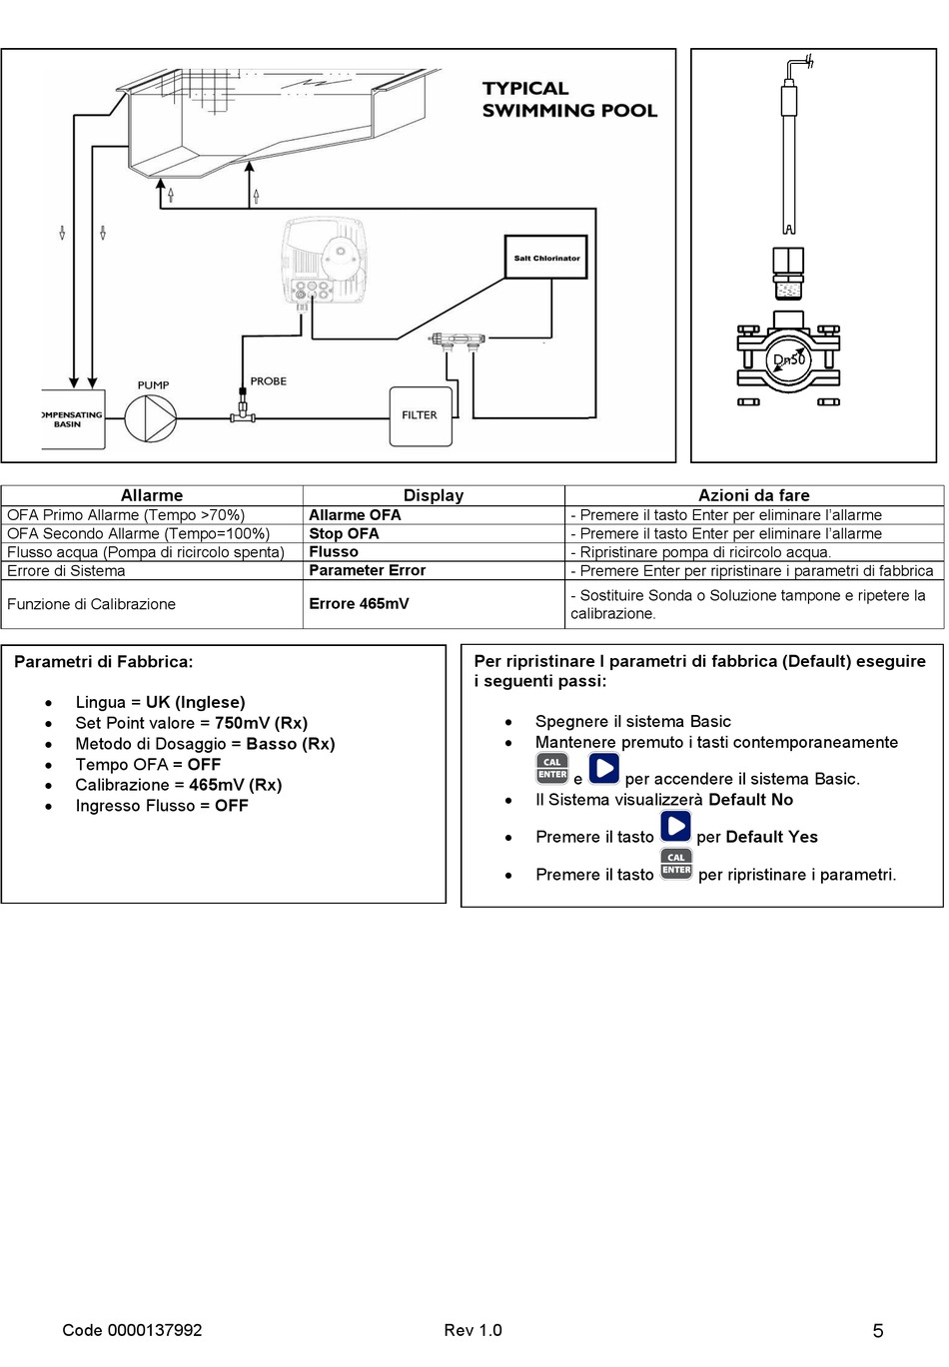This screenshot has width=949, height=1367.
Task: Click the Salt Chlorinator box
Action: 546,259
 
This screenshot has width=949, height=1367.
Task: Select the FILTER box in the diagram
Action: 420,415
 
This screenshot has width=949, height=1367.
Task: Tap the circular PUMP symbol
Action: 150,418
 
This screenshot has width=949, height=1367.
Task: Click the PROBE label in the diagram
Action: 268,381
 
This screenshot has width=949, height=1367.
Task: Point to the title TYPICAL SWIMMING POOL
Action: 568,100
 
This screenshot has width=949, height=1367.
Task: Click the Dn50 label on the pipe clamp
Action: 788,359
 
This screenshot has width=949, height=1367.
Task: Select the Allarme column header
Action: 152,495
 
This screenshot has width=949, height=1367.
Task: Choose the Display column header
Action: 434,495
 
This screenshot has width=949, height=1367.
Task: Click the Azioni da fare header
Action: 753,495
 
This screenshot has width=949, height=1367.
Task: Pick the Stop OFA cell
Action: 344,534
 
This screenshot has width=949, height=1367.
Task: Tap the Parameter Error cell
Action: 367,570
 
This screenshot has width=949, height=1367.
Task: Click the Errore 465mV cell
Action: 359,604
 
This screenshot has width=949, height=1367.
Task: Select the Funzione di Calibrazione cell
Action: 92,604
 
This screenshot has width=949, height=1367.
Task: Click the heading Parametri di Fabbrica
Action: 104,662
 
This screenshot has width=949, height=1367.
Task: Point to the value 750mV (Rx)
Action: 261,723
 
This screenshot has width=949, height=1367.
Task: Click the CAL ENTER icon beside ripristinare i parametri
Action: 676,865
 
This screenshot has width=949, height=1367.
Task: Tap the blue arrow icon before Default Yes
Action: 675,827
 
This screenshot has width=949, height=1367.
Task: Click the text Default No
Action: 750,800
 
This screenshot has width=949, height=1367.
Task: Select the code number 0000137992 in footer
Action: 155,1330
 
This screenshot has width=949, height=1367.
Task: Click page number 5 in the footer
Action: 878,1331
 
